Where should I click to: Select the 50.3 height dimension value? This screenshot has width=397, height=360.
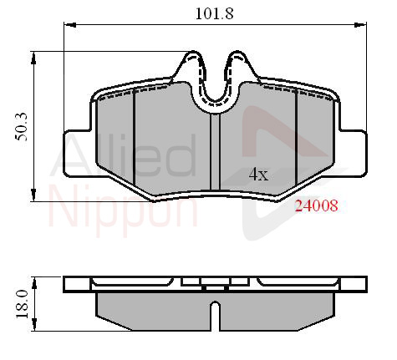coord(18,125)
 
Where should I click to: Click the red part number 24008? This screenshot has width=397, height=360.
coord(315,206)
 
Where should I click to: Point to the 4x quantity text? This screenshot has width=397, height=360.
coord(259,175)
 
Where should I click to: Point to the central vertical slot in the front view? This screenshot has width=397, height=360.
coord(215,150)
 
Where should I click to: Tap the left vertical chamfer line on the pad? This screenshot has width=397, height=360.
coord(135,138)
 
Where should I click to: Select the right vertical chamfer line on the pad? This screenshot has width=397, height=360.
coord(298,138)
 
